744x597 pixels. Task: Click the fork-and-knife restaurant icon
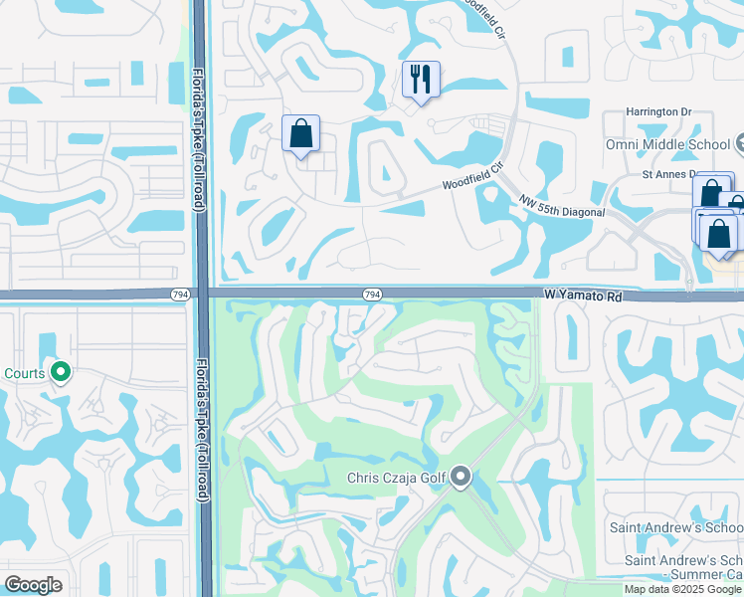pos(421,79)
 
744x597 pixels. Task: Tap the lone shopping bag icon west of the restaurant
pos(300,133)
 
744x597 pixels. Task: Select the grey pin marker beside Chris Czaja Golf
pos(460,478)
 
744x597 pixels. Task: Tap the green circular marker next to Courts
pos(61,373)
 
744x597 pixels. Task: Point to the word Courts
pos(23,373)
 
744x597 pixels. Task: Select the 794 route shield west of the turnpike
pos(177,294)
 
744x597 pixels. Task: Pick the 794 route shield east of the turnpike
pos(371,295)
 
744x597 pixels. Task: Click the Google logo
pos(33,585)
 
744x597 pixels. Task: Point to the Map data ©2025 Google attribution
pos(681,589)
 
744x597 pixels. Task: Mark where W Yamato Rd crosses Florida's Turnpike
pos(201,294)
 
